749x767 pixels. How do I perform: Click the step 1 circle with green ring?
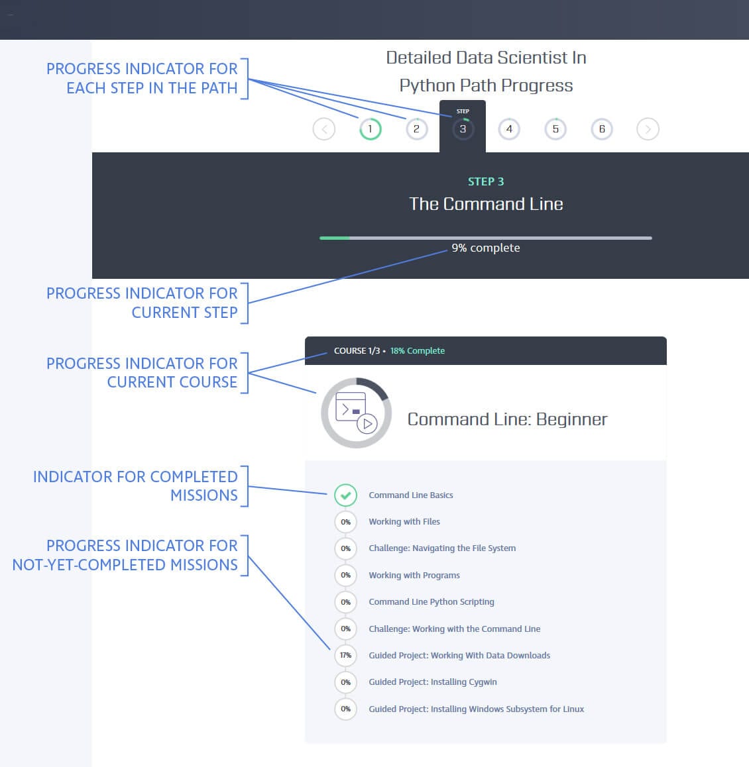point(370,129)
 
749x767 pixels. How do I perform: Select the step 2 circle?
point(416,129)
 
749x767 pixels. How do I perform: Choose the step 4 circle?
point(509,129)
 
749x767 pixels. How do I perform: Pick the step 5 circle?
point(555,129)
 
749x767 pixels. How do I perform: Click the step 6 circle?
point(602,129)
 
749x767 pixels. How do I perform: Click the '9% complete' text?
point(486,248)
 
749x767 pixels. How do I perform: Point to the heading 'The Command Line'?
point(486,204)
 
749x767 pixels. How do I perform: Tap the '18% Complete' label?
point(418,351)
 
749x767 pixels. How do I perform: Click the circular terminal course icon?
point(356,413)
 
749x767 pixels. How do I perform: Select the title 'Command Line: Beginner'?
point(507,419)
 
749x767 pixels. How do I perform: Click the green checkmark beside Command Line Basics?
point(345,495)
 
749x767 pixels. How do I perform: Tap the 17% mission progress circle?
point(345,655)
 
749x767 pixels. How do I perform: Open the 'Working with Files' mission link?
point(404,522)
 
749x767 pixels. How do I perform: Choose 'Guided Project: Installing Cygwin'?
point(433,682)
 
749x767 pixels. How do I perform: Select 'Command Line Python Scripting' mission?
point(432,602)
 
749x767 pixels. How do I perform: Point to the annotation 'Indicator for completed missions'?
point(135,486)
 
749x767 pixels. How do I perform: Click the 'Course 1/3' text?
point(357,351)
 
